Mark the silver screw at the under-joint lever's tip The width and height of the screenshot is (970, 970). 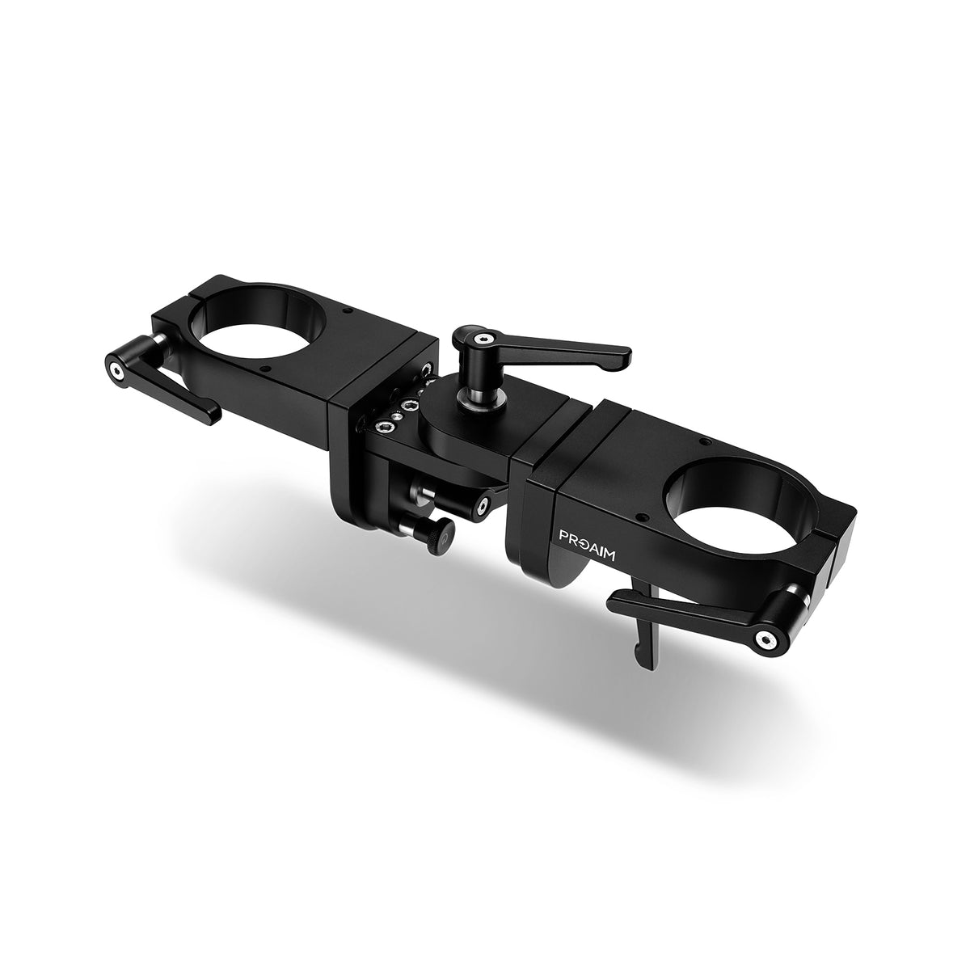click(483, 505)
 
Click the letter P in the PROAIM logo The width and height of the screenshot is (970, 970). click(567, 534)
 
